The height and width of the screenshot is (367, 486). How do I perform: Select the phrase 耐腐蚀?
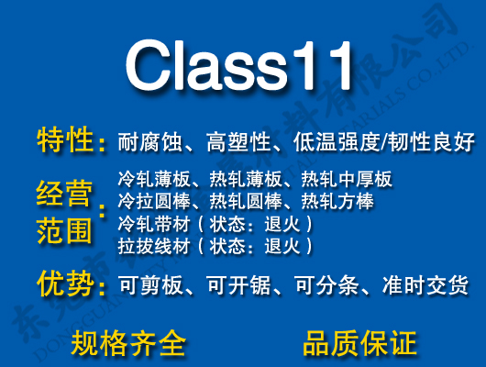tap(148, 142)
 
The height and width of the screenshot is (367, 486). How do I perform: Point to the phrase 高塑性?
tap(237, 142)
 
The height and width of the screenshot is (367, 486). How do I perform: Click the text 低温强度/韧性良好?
tap(383, 142)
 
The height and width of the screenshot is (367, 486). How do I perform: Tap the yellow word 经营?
tap(64, 194)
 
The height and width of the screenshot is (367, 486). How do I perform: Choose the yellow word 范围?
tap(64, 229)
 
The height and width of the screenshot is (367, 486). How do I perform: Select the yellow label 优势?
tap(66, 284)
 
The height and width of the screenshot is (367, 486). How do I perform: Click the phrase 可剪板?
tap(148, 286)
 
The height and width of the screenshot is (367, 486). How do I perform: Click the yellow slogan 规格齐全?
tap(128, 343)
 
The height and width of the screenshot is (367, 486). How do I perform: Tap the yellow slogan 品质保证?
tap(359, 343)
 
